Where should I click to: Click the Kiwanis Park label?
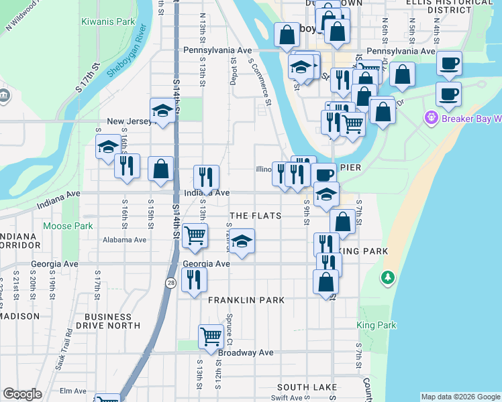pyautogui.click(x=108, y=22)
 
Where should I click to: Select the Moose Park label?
pyautogui.click(x=68, y=226)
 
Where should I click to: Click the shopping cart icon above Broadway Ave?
pyautogui.click(x=211, y=336)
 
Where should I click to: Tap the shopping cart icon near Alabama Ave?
pyautogui.click(x=195, y=236)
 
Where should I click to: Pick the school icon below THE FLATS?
pyautogui.click(x=242, y=241)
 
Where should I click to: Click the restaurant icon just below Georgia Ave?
pyautogui.click(x=194, y=279)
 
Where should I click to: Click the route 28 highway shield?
pyautogui.click(x=172, y=284)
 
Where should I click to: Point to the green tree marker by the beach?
pyautogui.click(x=387, y=277)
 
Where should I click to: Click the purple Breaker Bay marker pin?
pyautogui.click(x=430, y=119)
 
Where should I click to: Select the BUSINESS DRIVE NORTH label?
pyautogui.click(x=108, y=321)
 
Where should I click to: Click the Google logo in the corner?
pyautogui.click(x=22, y=394)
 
